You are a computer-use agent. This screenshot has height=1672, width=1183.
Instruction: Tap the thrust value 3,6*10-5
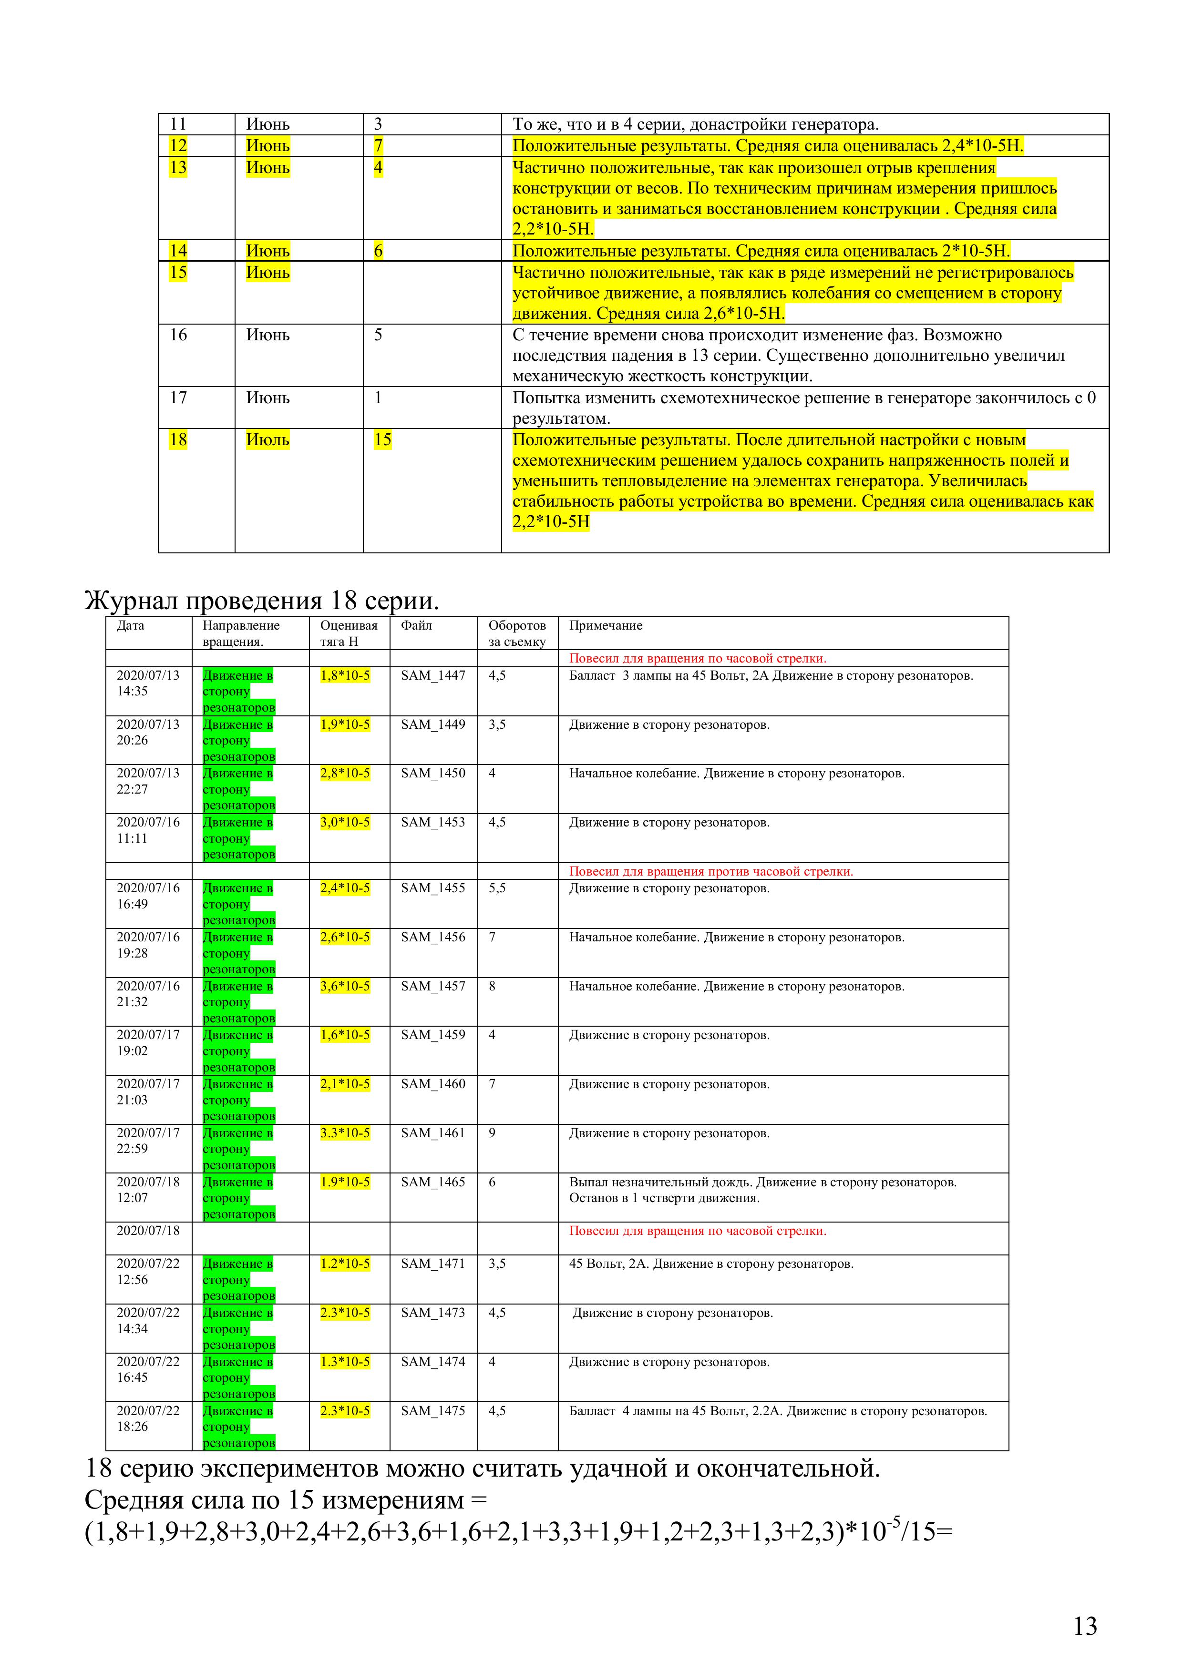[x=345, y=986]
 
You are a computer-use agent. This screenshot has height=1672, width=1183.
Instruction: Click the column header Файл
[x=416, y=625]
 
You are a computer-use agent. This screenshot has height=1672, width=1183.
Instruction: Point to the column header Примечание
[x=606, y=625]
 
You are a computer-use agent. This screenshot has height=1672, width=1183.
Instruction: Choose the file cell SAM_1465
[x=432, y=1182]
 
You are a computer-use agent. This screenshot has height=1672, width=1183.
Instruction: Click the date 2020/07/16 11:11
[x=148, y=830]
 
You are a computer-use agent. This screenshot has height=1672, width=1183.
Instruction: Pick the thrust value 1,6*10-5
[x=345, y=1035]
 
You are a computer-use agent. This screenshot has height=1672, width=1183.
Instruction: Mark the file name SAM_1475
[x=432, y=1410]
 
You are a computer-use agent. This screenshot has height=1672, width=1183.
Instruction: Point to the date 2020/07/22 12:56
[x=148, y=1272]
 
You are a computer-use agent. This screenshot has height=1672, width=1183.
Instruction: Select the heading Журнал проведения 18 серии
[x=262, y=601]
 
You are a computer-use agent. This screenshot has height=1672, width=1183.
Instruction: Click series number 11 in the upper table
[x=178, y=124]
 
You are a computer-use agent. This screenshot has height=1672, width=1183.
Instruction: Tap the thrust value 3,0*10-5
[x=345, y=822]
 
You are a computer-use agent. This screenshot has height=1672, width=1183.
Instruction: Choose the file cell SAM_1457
[x=432, y=986]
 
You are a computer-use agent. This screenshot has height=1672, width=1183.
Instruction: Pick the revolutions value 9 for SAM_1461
[x=493, y=1133]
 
